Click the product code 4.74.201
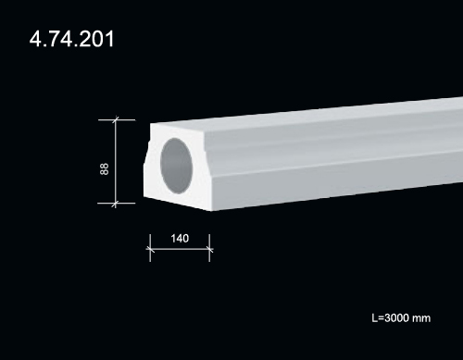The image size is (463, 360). pos(71,39)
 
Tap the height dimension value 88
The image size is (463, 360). pos(105,169)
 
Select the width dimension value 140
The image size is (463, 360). pos(180,239)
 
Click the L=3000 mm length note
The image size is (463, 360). pos(401,318)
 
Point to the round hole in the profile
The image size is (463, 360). pos(177,166)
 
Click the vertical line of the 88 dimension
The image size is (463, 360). pos(116,162)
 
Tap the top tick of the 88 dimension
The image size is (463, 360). pos(117,119)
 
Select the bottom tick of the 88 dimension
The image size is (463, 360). pos(117,204)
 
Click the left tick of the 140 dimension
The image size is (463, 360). pos(150,248)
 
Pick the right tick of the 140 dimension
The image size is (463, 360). pos(209,248)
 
